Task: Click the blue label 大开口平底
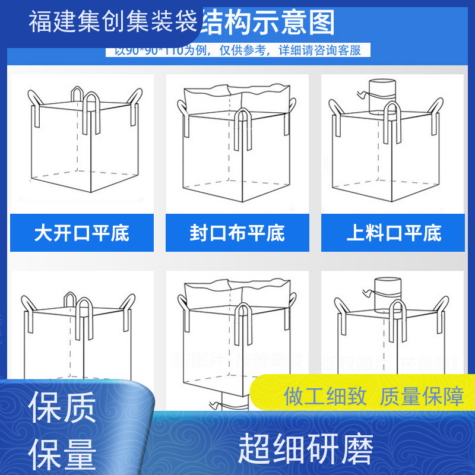click(x=82, y=233)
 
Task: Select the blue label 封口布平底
click(x=237, y=233)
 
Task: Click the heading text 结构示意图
click(x=269, y=23)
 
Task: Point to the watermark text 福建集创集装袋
click(x=113, y=23)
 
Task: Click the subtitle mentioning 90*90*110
click(x=237, y=50)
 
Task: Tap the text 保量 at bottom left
click(x=62, y=454)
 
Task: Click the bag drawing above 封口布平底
click(x=237, y=142)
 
